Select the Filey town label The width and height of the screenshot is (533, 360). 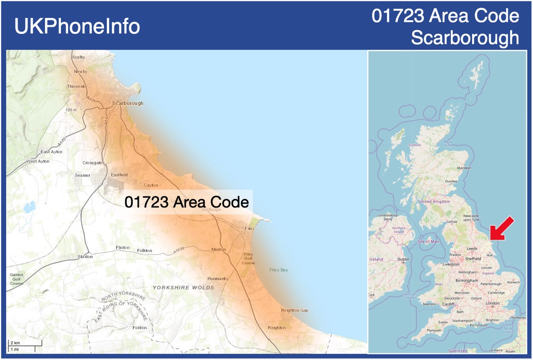tap(250, 229)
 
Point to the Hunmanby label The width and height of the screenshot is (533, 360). tap(218, 279)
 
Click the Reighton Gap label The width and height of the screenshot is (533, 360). tap(294, 310)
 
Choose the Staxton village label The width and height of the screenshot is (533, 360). tap(85, 257)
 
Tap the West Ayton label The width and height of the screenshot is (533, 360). tap(39, 161)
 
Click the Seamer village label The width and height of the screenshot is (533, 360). tap(82, 175)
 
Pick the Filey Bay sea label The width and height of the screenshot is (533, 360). tap(278, 270)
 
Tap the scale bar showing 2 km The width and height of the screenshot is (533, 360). tap(21, 346)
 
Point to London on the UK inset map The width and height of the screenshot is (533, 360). tap(492, 303)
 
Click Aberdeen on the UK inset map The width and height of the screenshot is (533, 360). tap(464, 168)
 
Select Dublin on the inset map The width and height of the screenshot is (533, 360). tap(404, 260)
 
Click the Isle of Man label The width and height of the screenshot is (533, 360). tap(429, 241)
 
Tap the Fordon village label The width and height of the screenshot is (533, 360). tap(139, 328)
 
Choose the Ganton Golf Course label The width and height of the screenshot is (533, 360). tap(16, 279)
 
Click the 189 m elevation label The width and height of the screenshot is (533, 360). tap(70, 110)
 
